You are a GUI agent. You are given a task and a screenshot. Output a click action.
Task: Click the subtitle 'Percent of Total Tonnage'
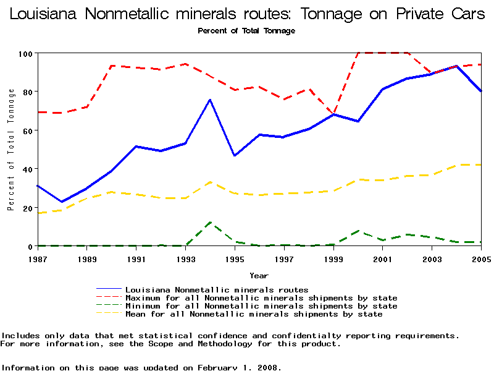point(246,31)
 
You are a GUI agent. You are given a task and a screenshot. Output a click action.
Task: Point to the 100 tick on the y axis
point(25,53)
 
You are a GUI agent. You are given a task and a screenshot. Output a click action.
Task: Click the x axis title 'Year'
point(259,275)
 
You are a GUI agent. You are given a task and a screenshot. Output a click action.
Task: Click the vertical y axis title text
point(11,150)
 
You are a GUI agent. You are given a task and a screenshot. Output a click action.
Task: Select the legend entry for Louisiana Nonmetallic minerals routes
point(217,289)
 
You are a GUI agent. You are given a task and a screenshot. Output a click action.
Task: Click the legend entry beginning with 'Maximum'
point(261,297)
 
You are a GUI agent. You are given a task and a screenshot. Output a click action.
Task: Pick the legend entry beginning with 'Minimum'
point(261,306)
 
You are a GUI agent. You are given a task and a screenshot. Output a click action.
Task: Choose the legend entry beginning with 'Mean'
point(254,314)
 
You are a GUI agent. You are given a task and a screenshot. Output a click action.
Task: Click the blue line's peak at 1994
point(210,100)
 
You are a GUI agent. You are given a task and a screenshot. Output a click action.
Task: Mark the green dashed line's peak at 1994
point(210,222)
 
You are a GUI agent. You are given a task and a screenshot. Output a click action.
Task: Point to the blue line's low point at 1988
point(62,202)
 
